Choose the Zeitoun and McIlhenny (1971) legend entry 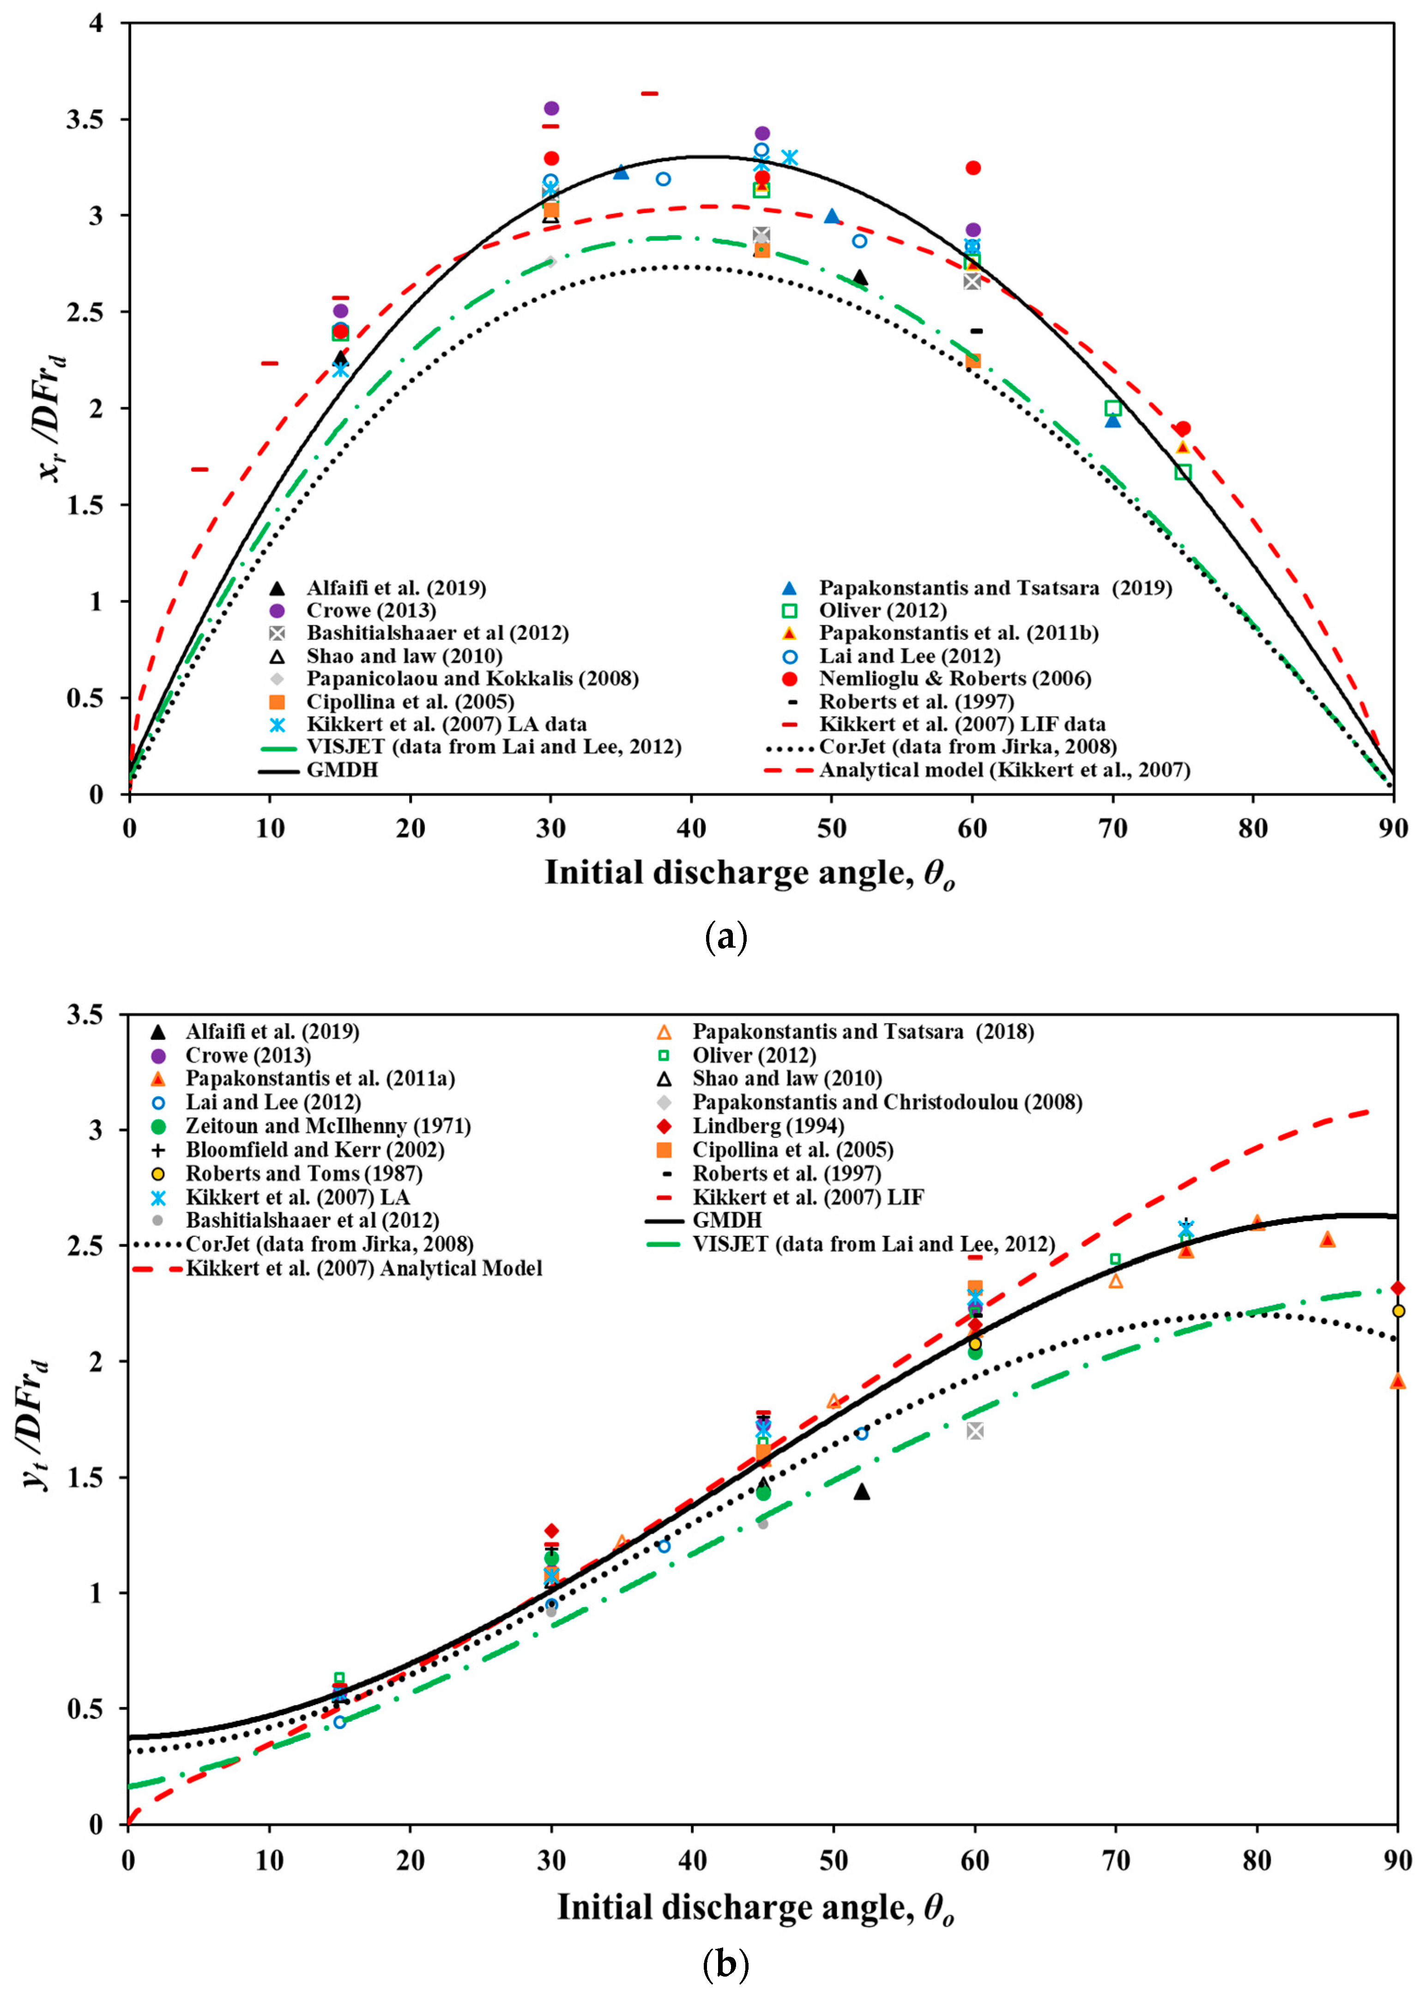(328, 1126)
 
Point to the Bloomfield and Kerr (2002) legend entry (315, 1149)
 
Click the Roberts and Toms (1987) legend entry (303, 1173)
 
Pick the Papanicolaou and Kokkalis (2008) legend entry (472, 678)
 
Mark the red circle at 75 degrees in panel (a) (1183, 429)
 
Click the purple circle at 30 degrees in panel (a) (551, 109)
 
